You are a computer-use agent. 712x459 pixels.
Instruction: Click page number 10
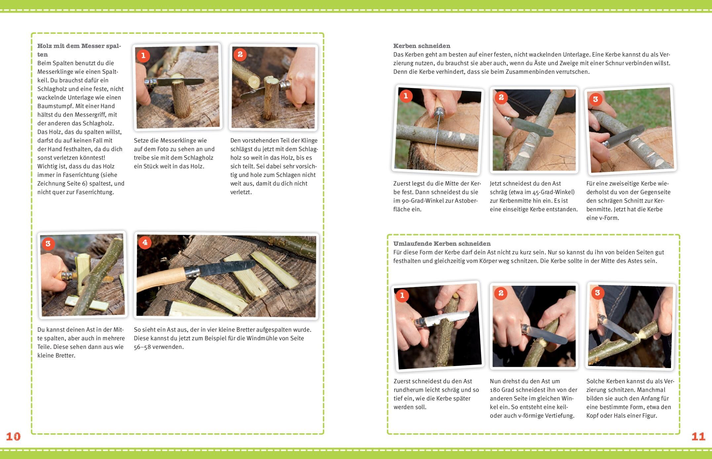[x=13, y=437]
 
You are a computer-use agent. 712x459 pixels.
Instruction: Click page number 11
[x=698, y=437]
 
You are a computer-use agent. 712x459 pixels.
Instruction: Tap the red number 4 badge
[x=145, y=242]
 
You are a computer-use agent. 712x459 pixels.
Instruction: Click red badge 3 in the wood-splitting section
[x=48, y=244]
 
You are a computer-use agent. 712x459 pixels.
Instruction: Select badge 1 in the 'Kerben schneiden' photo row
[x=406, y=96]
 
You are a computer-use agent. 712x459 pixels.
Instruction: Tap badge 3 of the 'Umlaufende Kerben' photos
[x=597, y=293]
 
